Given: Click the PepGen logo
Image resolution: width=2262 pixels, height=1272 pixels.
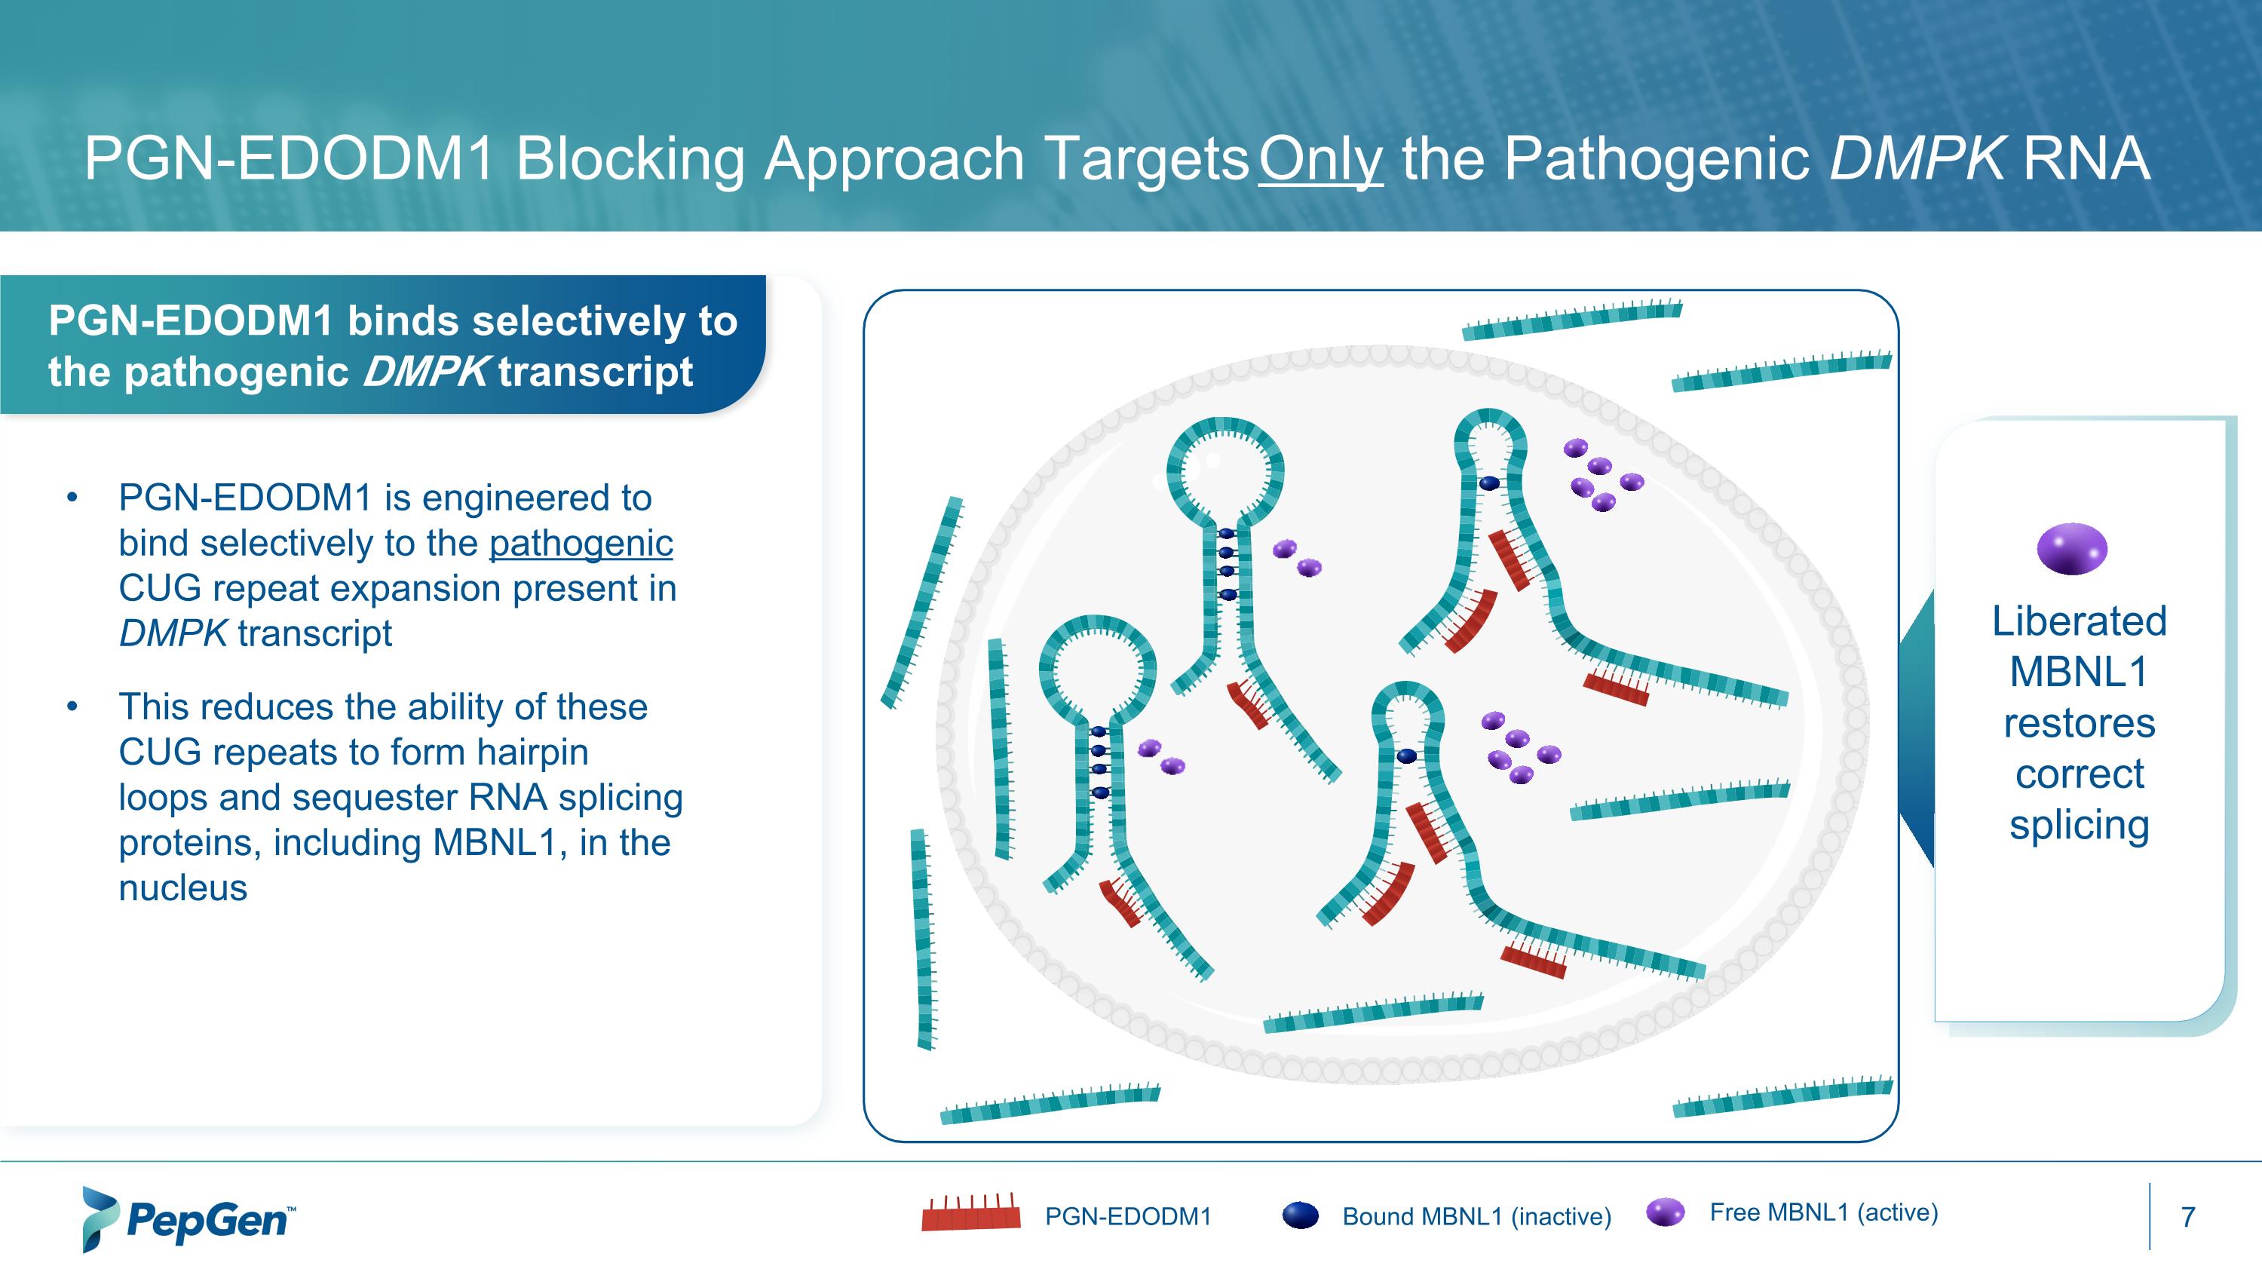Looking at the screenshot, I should pos(188,1219).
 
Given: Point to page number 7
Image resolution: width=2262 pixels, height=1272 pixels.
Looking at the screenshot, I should pos(2187,1218).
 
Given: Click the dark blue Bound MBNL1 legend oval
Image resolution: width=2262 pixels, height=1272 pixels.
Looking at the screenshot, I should pos(1301,1215).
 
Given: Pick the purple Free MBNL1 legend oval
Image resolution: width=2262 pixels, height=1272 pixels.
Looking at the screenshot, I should pos(1665,1212).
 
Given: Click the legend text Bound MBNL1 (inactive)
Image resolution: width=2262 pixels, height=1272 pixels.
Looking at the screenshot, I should pos(1476,1217).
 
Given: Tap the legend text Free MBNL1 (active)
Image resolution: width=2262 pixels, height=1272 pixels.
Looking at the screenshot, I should pos(1823,1212).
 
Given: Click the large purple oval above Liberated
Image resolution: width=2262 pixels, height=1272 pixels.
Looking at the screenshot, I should pos(2071,549).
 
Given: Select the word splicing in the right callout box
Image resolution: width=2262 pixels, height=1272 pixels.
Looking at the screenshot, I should pos(2079,825).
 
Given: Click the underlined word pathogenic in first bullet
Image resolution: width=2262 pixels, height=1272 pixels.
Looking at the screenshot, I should pos(581,544).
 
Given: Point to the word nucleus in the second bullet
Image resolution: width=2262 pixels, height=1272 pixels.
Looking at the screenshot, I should pos(182,888).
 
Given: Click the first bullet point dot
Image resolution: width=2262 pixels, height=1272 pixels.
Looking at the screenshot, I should pos(72,498).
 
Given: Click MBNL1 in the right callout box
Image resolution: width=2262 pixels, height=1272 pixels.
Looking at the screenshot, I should pos(2079,673).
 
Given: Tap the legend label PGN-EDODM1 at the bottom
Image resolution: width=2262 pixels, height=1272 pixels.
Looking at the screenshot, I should pos(1127,1217).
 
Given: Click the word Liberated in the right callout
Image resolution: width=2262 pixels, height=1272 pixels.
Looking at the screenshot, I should pos(2079,621).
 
